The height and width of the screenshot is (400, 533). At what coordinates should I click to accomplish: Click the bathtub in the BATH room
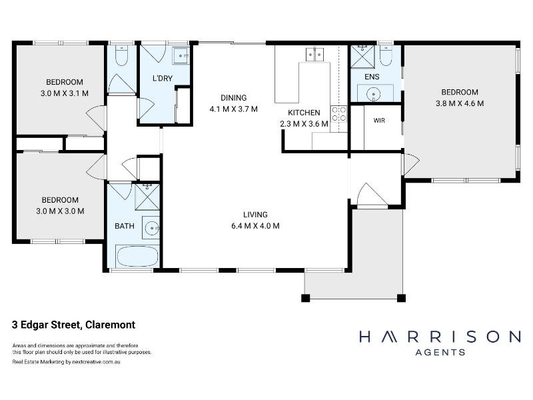point(137,256)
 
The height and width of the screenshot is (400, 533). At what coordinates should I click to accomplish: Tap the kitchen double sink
point(314,55)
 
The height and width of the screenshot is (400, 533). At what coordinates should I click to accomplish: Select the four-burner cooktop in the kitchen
point(339,114)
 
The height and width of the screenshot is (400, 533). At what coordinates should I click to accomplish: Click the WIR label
point(379,121)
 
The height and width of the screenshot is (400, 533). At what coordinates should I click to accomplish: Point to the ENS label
point(372,77)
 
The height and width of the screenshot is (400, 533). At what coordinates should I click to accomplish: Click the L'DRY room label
point(163,78)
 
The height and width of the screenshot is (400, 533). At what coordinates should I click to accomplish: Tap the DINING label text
point(234,98)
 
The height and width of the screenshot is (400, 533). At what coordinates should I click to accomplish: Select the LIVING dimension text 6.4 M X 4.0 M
point(255,226)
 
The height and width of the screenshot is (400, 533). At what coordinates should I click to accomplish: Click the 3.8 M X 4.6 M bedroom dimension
point(460,103)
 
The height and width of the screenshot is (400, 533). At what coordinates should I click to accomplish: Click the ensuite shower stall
point(362,57)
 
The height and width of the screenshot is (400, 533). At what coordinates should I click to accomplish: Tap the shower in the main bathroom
point(147,197)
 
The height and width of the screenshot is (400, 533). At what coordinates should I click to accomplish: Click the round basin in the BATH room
point(152,228)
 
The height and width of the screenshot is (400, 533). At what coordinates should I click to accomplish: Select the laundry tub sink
point(181,56)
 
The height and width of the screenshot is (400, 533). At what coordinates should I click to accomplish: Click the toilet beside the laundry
point(121,56)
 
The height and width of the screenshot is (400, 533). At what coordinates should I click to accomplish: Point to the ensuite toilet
point(386,56)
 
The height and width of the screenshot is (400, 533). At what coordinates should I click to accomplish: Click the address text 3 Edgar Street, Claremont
point(74,325)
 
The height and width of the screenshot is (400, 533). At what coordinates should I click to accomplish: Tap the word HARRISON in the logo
point(440,337)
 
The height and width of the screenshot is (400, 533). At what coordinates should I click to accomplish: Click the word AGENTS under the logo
point(440,353)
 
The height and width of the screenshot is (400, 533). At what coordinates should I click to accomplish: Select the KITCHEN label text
point(304,113)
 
